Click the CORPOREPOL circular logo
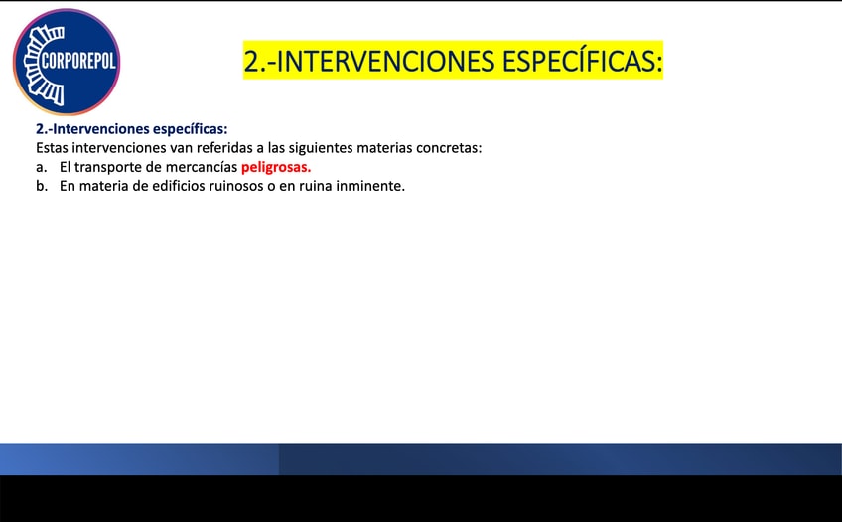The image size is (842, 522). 67,62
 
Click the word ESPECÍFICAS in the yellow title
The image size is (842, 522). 582,60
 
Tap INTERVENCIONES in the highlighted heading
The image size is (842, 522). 385,61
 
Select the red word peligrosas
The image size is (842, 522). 276,168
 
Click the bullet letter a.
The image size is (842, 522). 41,168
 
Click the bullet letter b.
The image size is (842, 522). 42,186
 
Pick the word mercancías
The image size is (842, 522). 201,167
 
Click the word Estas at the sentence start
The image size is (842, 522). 52,148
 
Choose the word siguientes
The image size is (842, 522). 321,148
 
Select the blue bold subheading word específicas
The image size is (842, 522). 190,129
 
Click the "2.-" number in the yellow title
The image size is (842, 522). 259,61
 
